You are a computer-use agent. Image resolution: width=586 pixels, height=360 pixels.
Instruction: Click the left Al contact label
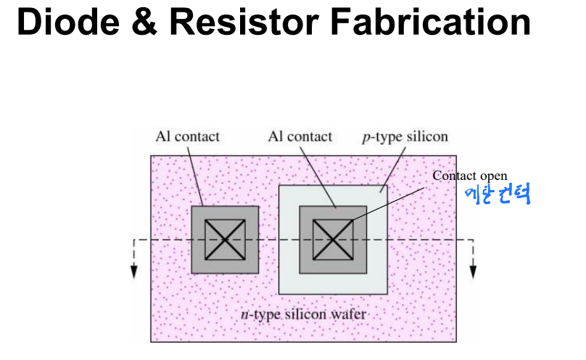[187, 136]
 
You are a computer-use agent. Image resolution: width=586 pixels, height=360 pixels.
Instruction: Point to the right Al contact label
[300, 136]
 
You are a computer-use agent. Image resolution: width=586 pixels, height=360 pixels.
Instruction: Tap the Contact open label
[470, 176]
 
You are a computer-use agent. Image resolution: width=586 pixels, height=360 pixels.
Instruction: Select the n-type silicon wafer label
[303, 315]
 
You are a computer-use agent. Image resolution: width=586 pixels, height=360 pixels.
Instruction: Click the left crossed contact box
[225, 239]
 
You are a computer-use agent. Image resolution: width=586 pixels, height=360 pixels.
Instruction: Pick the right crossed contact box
[333, 239]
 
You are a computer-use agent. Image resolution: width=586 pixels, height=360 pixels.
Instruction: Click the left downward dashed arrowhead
[134, 271]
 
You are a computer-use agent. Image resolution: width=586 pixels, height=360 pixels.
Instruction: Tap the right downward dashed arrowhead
[473, 271]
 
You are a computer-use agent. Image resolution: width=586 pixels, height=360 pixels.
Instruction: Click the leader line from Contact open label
[392, 202]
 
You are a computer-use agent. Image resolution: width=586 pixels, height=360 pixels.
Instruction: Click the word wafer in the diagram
[349, 315]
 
